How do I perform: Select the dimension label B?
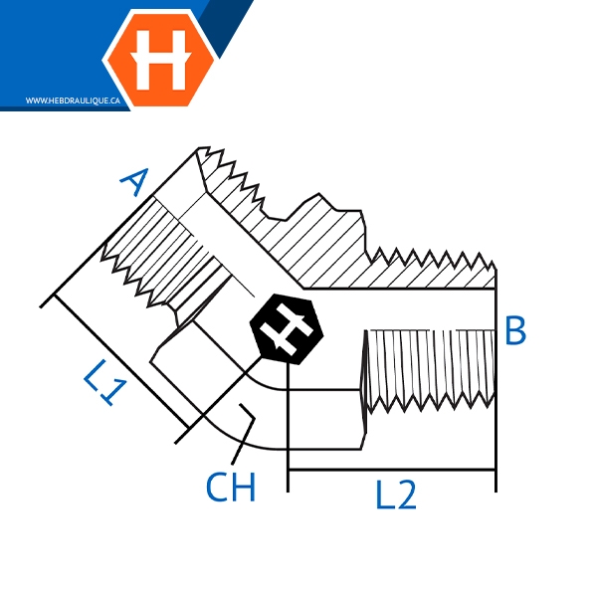tap(514, 330)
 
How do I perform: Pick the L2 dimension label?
tap(395, 495)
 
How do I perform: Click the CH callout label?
tap(231, 488)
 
